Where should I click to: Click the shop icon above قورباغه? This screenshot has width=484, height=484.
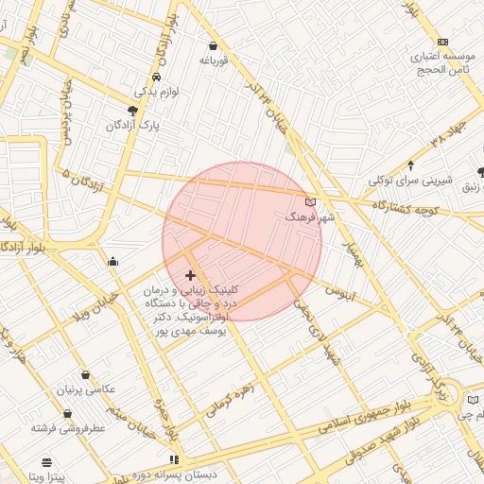point(213,45)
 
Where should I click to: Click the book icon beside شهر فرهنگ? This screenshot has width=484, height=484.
point(310,202)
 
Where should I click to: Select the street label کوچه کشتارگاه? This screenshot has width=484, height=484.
point(406,207)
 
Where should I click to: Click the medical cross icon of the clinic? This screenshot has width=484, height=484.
point(190,275)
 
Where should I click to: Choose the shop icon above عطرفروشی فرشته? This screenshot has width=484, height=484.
point(67,413)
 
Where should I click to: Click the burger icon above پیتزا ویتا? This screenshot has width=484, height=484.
point(46,462)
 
